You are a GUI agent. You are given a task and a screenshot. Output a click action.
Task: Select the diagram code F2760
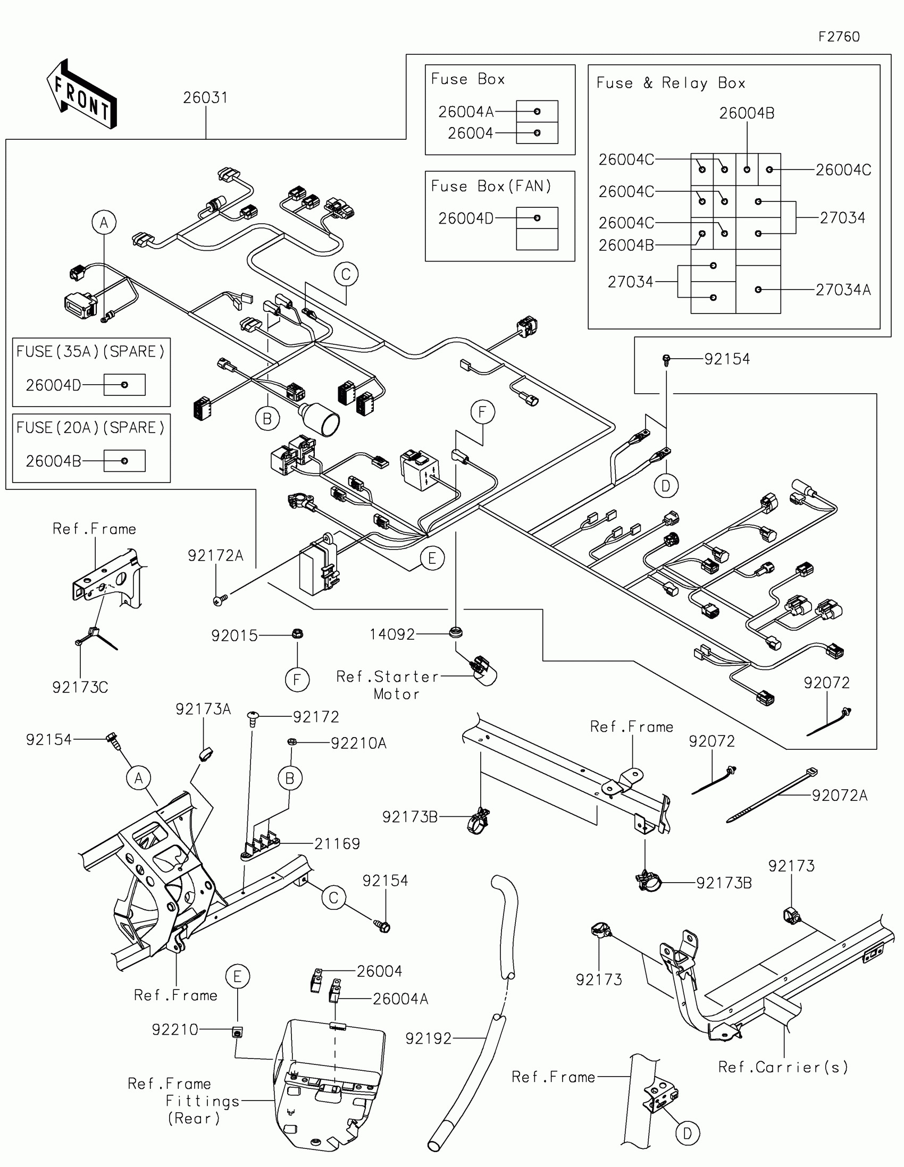(x=839, y=37)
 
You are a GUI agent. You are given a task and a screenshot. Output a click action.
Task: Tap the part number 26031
(x=205, y=98)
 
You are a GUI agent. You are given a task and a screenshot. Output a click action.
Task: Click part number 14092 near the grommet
(x=392, y=635)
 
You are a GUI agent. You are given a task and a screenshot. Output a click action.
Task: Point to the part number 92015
(x=234, y=636)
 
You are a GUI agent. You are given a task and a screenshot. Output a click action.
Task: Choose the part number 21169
(x=337, y=844)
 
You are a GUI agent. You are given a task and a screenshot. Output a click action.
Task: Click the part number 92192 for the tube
(x=428, y=1038)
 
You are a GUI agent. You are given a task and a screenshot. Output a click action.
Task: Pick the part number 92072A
(x=839, y=796)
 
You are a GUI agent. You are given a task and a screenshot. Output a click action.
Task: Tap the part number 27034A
(x=842, y=290)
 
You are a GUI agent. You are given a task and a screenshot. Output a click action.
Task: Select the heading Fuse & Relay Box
(x=671, y=83)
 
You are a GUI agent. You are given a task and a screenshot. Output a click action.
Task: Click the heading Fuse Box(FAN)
(x=491, y=186)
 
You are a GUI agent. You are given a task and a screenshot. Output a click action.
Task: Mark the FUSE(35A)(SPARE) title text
(x=90, y=352)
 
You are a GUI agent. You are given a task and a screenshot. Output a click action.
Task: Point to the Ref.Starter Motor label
(x=388, y=685)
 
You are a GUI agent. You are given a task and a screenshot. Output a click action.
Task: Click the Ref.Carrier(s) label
(x=783, y=1067)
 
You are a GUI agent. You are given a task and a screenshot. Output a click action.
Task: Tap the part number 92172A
(x=215, y=556)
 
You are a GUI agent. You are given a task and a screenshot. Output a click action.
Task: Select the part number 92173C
(x=80, y=687)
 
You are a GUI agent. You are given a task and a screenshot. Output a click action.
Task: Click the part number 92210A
(x=358, y=743)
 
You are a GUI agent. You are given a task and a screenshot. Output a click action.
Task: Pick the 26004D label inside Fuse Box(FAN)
(x=466, y=218)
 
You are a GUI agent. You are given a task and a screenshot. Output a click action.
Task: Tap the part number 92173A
(x=203, y=709)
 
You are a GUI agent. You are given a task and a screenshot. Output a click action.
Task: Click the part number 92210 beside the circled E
(x=175, y=1030)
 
